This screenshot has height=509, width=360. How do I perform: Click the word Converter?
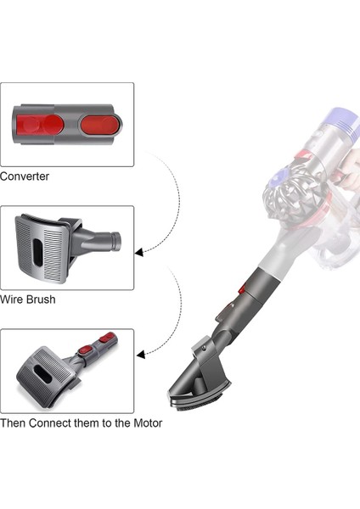(25, 176)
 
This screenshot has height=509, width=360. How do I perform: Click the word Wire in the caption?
(12, 299)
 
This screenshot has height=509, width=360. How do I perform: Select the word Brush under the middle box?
(41, 299)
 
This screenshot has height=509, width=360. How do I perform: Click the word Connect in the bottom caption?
(53, 422)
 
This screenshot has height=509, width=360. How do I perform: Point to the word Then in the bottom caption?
(14, 422)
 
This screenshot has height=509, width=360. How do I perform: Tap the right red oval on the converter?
(99, 124)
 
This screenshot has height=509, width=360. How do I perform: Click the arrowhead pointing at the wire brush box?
(138, 252)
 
